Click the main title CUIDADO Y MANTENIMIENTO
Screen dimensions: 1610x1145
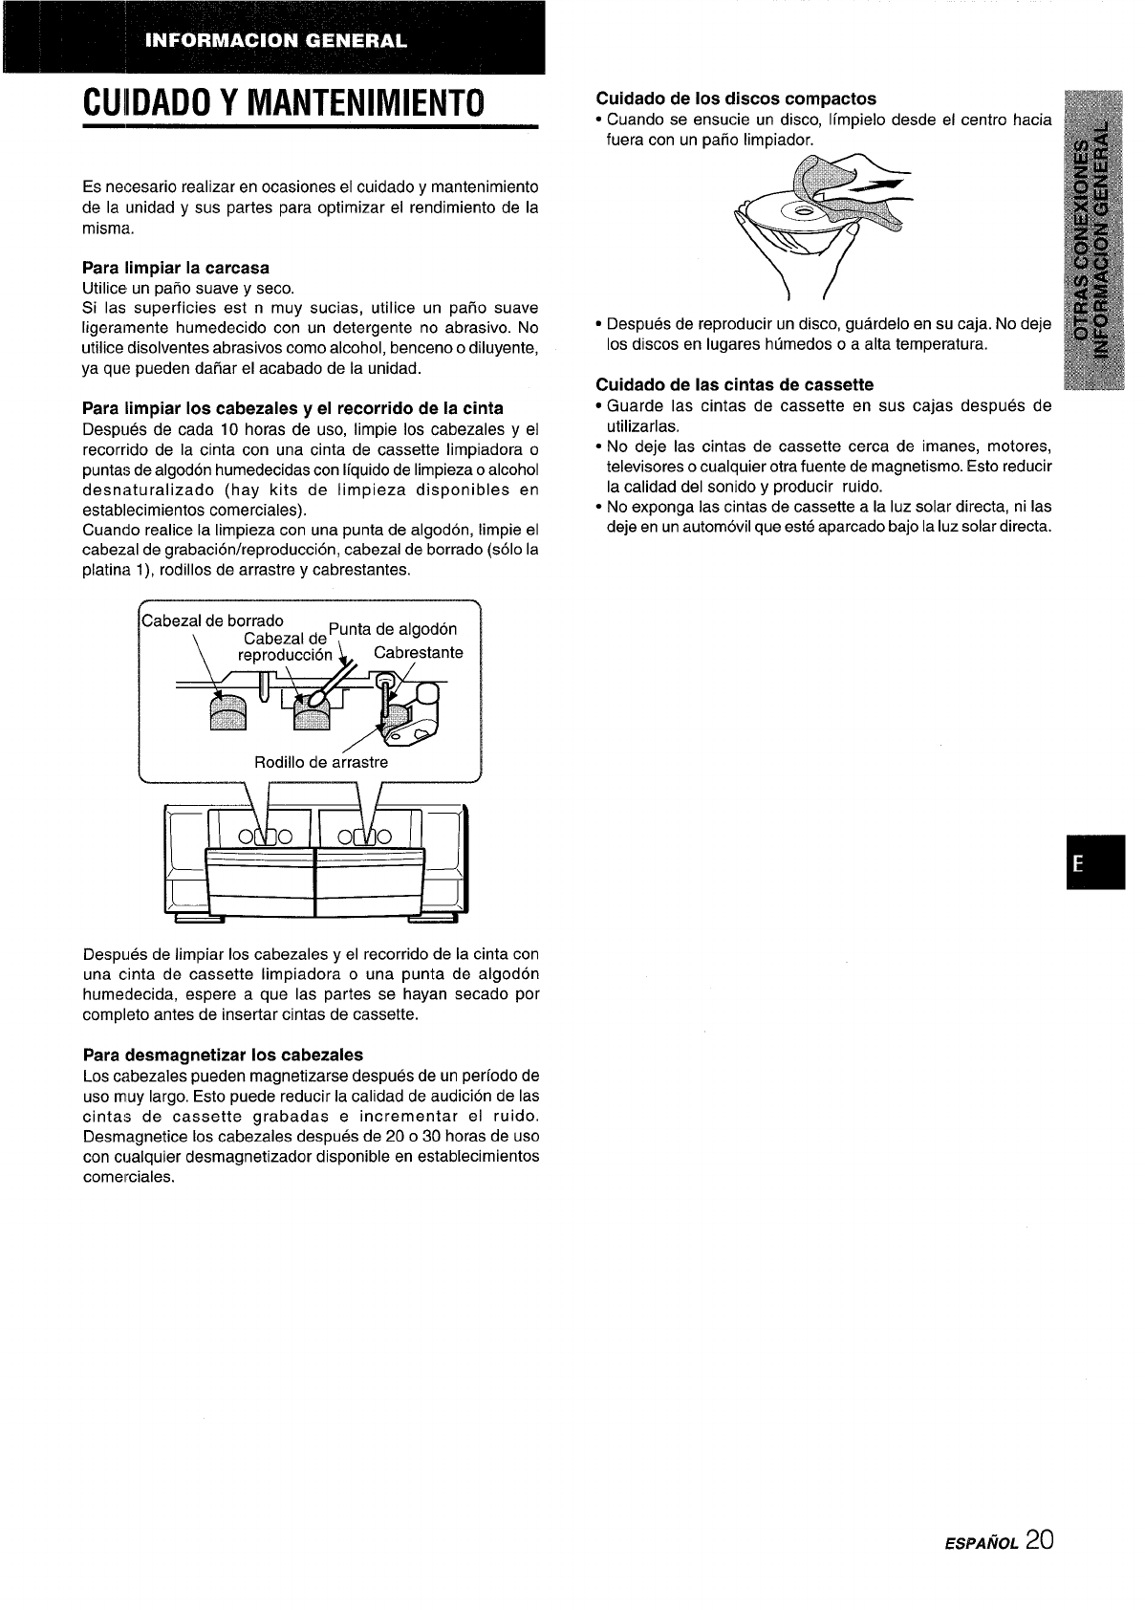click(283, 100)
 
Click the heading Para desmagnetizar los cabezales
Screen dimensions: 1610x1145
click(223, 1055)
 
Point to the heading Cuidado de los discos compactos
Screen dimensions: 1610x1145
click(736, 98)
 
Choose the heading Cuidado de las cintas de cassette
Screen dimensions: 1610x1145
click(734, 384)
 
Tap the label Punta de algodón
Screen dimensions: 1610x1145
click(393, 628)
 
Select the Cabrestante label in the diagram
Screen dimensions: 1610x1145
click(418, 653)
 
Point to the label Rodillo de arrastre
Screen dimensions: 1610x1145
click(321, 762)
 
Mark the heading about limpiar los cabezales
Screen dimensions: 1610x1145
click(293, 408)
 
